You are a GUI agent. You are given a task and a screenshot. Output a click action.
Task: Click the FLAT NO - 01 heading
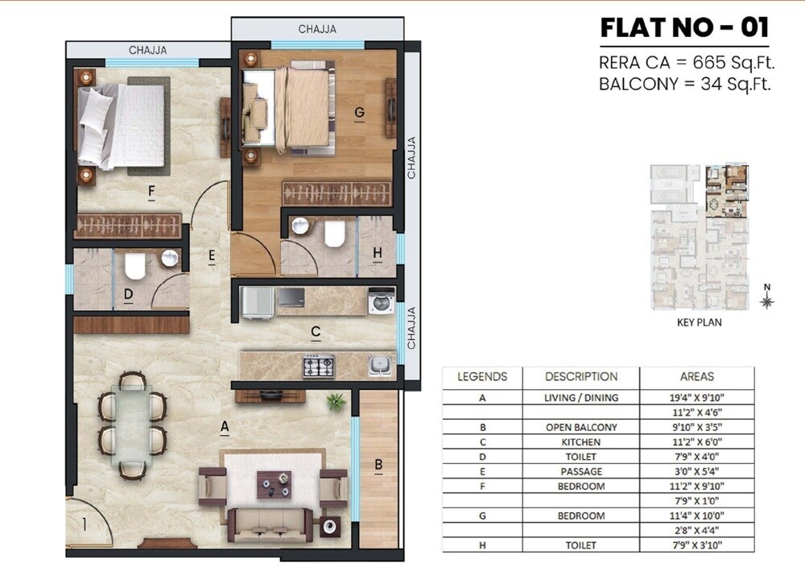684,28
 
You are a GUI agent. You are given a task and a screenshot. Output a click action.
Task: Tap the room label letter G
359,114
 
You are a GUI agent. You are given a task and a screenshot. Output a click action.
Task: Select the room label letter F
151,191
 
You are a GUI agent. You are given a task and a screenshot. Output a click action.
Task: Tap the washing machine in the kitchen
381,300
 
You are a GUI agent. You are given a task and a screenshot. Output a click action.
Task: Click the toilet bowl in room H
334,234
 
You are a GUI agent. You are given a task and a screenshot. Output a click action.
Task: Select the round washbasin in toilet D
171,259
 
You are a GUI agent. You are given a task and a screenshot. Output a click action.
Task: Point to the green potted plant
336,400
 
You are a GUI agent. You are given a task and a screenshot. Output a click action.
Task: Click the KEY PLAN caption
697,322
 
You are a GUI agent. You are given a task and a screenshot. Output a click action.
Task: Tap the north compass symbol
767,300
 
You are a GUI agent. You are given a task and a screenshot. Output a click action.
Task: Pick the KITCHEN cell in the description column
580,442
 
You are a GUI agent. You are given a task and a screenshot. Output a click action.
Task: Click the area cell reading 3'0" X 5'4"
697,471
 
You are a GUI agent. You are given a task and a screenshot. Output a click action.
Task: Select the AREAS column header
697,376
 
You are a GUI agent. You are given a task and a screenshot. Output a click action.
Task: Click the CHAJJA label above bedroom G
317,29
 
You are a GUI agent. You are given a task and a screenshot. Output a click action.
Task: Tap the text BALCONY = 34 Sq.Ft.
685,84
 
